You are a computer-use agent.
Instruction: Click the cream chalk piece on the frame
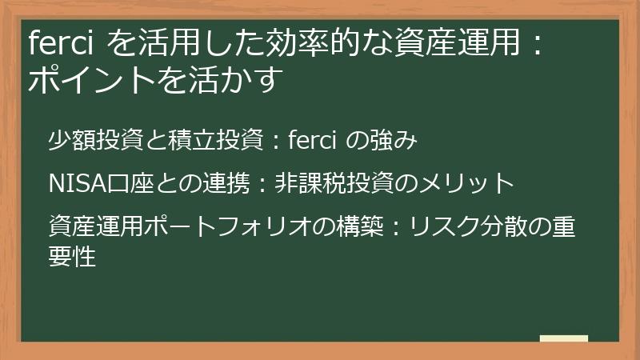[563, 339]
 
